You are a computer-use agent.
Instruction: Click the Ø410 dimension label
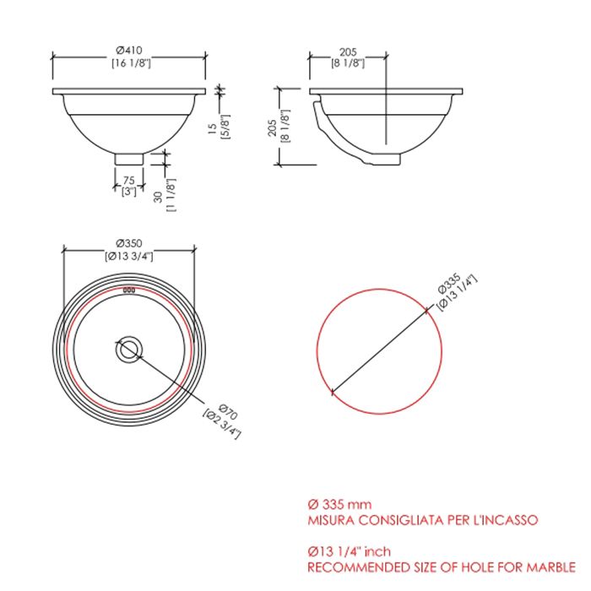(129, 50)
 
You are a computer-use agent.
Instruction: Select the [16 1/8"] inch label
(131, 63)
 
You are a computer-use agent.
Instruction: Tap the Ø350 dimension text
(129, 243)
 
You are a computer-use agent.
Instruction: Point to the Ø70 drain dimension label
(228, 412)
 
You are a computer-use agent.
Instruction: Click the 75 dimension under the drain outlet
(129, 181)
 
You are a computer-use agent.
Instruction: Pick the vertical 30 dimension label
(159, 197)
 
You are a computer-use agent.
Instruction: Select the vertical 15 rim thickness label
(213, 128)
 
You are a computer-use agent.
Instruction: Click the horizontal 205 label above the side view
(348, 52)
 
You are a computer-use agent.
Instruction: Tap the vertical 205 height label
(273, 127)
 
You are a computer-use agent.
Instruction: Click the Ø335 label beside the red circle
(449, 283)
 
